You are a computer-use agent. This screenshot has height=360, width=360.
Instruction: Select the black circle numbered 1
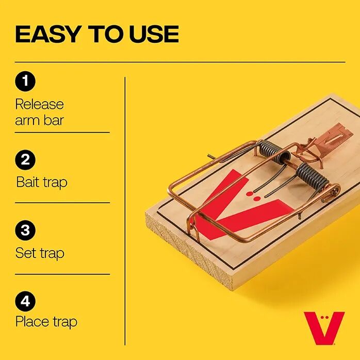[x=25, y=81]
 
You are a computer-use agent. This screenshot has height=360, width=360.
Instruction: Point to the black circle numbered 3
[x=25, y=231]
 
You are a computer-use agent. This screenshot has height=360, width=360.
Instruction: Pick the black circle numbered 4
[x=25, y=300]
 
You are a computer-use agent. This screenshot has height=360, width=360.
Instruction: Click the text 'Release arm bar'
[x=39, y=112]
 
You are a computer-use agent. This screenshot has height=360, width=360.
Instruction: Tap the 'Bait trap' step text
[x=41, y=182]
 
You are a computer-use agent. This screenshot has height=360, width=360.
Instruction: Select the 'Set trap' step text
[x=40, y=253]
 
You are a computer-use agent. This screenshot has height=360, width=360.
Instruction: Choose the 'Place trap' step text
[x=46, y=322]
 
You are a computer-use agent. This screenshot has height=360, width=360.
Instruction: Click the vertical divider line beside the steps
[x=125, y=206]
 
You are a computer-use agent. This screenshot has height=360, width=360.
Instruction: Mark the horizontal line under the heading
[x=180, y=62]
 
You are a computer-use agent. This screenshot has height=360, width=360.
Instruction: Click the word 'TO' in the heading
[x=105, y=34]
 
